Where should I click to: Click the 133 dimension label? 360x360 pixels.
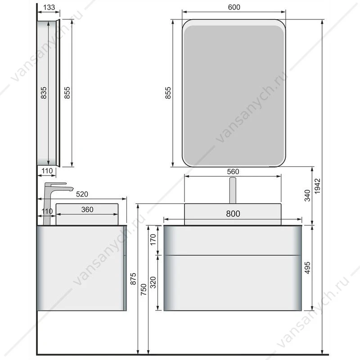point(49,7)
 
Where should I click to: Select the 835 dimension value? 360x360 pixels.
point(43,93)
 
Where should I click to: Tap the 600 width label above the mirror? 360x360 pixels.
point(234,7)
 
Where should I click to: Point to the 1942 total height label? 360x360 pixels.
point(317,186)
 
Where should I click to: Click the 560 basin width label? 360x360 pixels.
point(233,172)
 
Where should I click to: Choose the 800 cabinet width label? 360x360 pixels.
point(233,214)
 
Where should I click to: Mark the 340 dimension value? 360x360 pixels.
point(307,196)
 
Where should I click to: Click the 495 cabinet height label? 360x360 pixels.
point(307,268)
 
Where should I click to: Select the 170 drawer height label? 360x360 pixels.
point(153,239)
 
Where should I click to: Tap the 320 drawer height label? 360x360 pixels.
point(153,283)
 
